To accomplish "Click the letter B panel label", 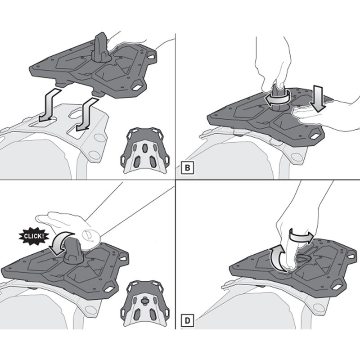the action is [187, 168].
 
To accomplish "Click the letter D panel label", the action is [187, 320].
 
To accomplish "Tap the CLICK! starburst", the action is [33, 236].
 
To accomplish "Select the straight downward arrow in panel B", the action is [318, 99].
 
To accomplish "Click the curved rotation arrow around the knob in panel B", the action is [278, 100].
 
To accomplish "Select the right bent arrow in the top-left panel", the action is [87, 114].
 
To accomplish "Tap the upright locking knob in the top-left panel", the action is [100, 49].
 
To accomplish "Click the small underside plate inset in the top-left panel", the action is [145, 150].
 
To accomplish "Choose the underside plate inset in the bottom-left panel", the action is [145, 303].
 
